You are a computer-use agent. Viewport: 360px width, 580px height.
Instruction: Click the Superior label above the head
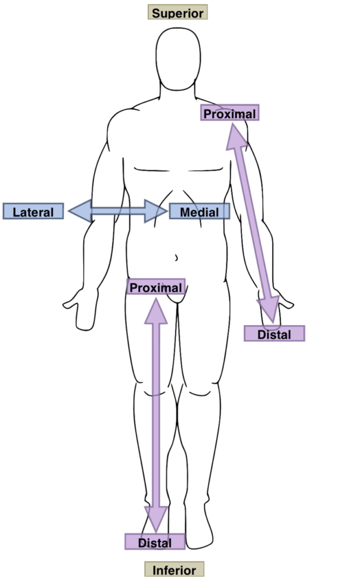pyautogui.click(x=178, y=12)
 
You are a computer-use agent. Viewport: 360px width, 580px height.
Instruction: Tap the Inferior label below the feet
pyautogui.click(x=174, y=570)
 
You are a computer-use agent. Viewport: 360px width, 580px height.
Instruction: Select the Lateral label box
pyautogui.click(x=33, y=212)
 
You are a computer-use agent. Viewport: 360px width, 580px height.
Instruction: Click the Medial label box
pyautogui.click(x=199, y=212)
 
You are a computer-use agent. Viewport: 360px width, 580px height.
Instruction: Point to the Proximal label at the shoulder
pyautogui.click(x=229, y=113)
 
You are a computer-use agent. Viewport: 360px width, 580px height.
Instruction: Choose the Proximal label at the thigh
pyautogui.click(x=156, y=288)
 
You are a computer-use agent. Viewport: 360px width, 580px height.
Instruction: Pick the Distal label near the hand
pyautogui.click(x=274, y=334)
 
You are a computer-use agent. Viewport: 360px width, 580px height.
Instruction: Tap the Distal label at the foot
pyautogui.click(x=155, y=543)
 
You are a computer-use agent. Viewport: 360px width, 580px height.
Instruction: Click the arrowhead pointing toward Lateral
pyautogui.click(x=79, y=211)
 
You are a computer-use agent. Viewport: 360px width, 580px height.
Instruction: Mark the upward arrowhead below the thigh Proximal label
pyautogui.click(x=156, y=310)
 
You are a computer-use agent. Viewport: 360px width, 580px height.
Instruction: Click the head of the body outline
pyautogui.click(x=178, y=59)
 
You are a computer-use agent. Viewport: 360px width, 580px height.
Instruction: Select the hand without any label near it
pyautogui.click(x=79, y=309)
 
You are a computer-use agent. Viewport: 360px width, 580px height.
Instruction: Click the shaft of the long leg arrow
pyautogui.click(x=156, y=413)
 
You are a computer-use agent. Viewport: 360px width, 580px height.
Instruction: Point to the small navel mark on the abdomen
pyautogui.click(x=176, y=258)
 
